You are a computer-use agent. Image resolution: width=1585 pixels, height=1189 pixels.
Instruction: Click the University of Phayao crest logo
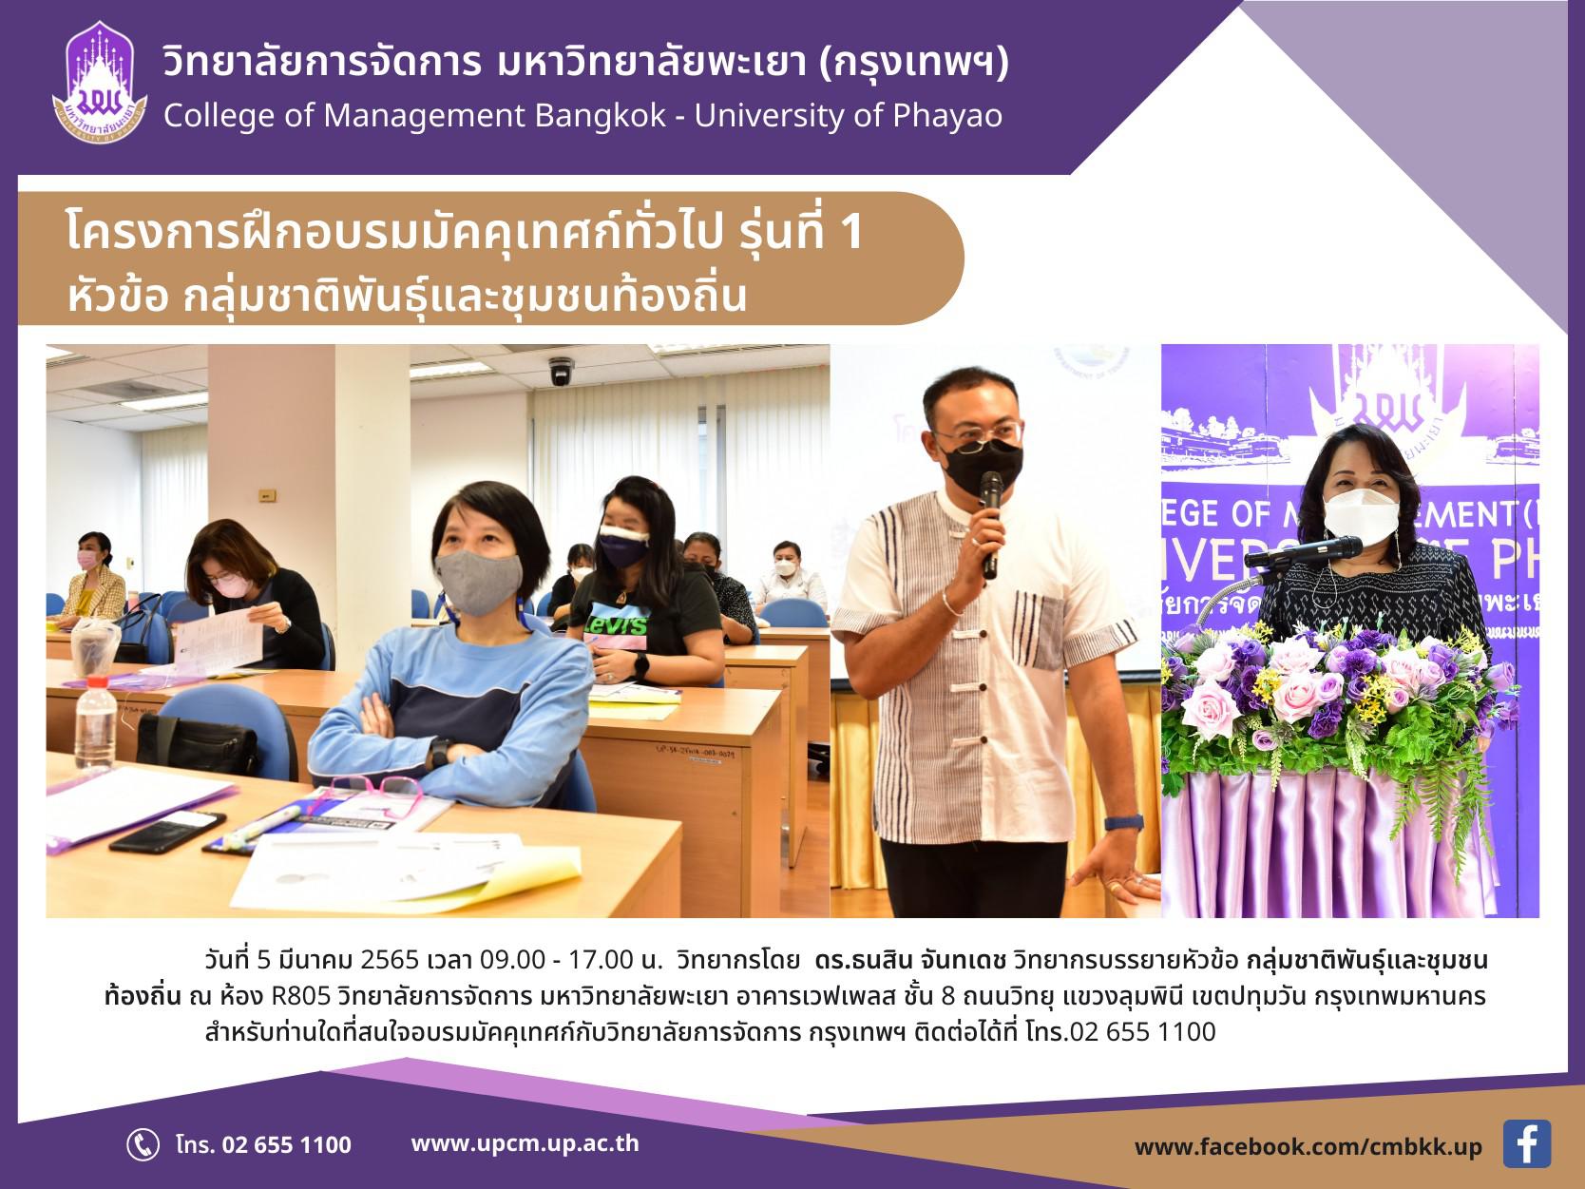coord(100,83)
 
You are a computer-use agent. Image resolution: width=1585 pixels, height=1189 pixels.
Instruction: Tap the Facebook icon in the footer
coord(1526,1144)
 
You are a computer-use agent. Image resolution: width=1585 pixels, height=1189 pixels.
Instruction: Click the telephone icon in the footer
coord(143,1144)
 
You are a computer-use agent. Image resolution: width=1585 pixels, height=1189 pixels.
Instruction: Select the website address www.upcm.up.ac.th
coord(525,1143)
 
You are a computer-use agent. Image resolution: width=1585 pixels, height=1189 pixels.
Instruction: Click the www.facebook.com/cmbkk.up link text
coord(1308,1146)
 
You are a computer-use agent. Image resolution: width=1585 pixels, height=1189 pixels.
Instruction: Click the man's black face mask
coord(983,465)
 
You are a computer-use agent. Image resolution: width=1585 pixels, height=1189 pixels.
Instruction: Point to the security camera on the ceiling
coord(561,371)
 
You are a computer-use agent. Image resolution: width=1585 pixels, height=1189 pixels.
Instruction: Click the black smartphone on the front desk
coord(167,832)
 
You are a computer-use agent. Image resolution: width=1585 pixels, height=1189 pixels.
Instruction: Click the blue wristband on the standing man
coord(1123,822)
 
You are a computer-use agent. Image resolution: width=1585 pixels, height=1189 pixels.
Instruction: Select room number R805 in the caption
coord(300,996)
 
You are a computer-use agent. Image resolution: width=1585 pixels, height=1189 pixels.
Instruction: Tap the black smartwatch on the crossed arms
coord(438,753)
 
